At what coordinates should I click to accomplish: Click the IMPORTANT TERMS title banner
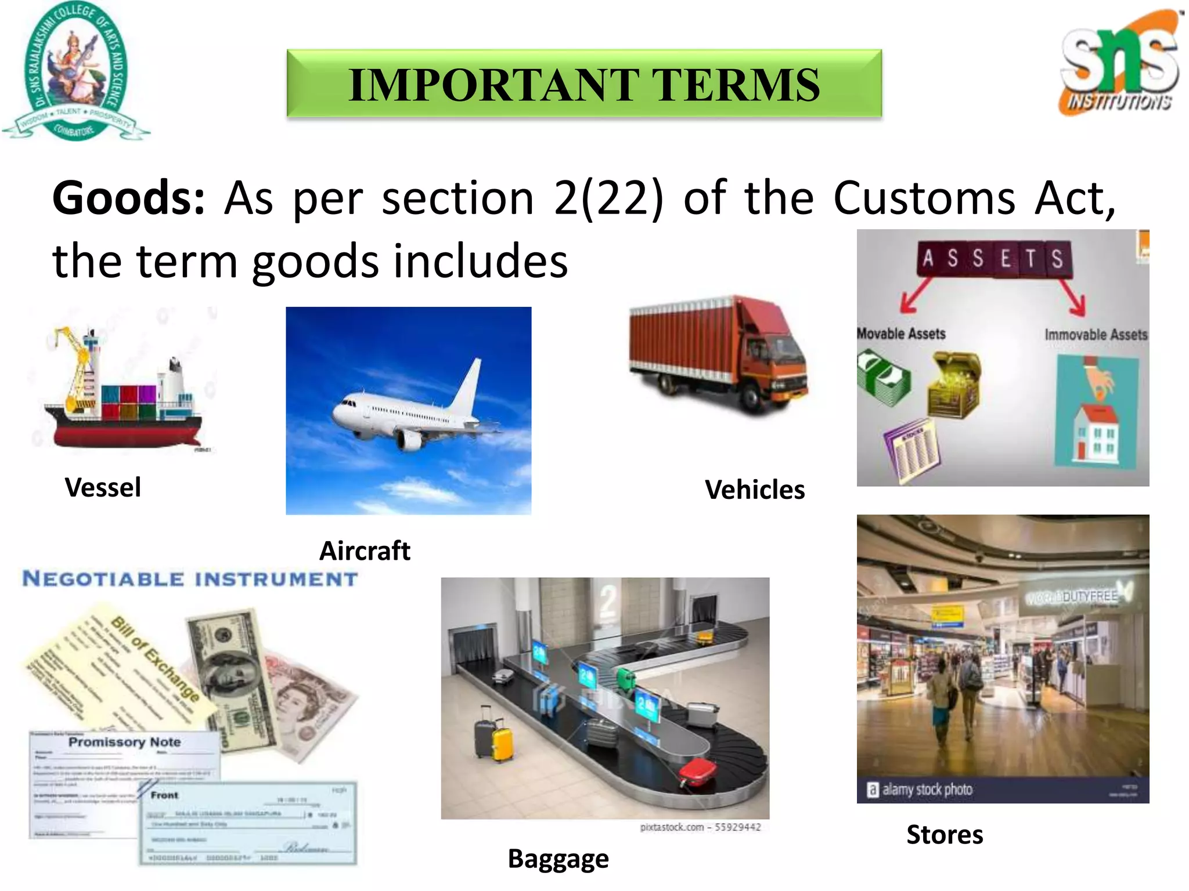584,84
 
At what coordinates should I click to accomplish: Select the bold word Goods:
128,198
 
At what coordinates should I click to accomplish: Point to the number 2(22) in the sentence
608,198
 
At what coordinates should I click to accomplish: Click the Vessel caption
103,487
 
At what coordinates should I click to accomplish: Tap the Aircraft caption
365,550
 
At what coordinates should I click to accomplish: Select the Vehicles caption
754,490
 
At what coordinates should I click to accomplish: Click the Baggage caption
558,859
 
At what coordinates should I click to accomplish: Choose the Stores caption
945,835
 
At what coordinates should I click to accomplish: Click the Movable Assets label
901,334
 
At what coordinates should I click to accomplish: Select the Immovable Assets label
1096,335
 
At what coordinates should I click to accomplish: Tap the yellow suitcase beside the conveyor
503,744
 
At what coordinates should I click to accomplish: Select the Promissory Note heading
124,742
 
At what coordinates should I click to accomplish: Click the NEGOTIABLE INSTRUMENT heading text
190,579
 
